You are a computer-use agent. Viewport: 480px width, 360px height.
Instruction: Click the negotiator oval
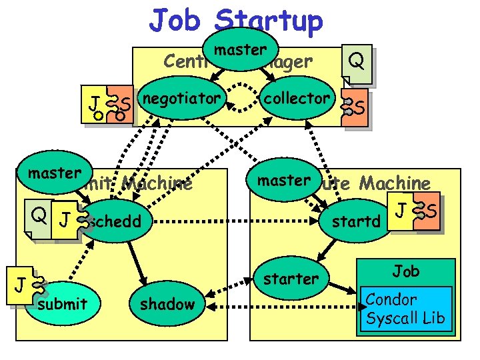coord(181,100)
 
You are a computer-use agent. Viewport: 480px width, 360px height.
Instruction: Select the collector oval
coord(296,100)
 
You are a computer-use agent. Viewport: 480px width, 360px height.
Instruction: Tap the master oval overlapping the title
coord(240,50)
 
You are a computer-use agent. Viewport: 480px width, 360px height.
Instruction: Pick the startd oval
coord(359,221)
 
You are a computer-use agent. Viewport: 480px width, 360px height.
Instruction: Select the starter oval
coord(291,279)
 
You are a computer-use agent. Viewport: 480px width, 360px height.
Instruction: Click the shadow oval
coord(167,304)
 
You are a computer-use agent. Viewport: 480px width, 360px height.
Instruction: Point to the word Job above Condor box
coord(405,271)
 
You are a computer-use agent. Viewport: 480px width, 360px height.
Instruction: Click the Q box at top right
coord(356,63)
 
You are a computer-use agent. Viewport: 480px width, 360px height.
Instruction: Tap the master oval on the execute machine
coord(284,180)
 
